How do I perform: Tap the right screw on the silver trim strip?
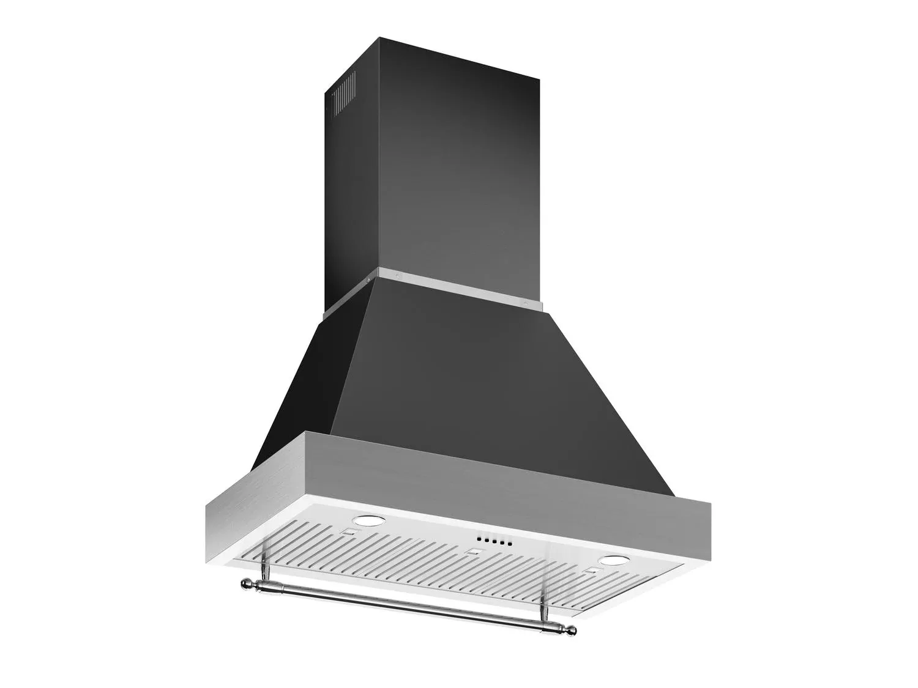[x=524, y=300]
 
